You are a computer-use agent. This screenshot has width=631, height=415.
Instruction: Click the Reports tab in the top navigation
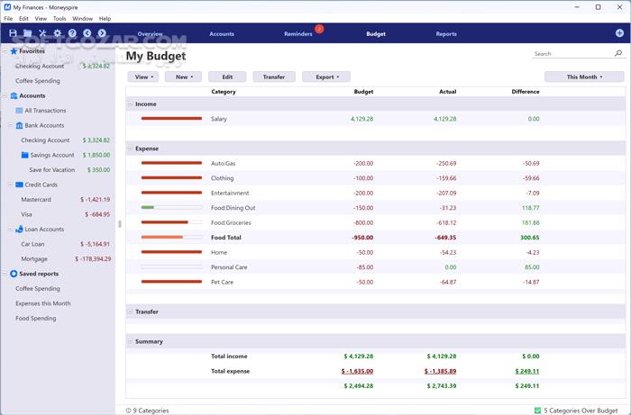446,34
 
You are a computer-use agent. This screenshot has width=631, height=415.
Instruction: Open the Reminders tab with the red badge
298,34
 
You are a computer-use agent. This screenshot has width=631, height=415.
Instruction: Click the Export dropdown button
325,77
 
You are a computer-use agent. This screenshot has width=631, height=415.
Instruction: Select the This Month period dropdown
584,77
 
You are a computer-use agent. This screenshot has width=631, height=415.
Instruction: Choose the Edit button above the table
227,77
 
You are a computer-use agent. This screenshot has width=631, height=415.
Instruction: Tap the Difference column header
525,92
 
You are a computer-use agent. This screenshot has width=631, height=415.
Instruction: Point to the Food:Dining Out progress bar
171,208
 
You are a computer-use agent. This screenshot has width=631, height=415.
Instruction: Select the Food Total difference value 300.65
529,238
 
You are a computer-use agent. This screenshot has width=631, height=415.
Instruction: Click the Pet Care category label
223,282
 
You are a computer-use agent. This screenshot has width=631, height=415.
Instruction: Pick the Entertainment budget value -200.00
362,193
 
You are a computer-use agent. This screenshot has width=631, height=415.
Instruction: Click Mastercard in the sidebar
36,199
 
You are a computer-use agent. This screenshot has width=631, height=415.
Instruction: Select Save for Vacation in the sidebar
51,170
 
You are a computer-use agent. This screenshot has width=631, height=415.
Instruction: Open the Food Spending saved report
35,318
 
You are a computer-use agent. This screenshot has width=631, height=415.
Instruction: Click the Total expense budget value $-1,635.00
357,371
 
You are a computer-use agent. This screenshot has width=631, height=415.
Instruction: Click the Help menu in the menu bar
105,18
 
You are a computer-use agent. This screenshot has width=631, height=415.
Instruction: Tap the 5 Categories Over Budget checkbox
537,410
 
